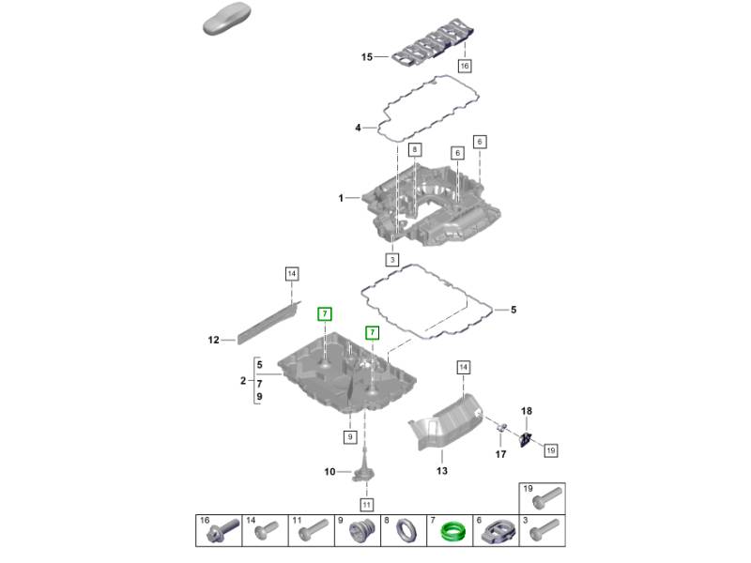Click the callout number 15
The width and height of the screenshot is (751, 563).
click(x=368, y=58)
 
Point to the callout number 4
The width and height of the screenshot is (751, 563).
click(x=358, y=128)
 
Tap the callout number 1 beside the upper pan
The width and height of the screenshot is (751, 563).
click(x=342, y=198)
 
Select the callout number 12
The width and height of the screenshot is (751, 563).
click(x=213, y=340)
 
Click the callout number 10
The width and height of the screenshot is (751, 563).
click(x=330, y=471)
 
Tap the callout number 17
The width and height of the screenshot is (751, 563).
click(x=500, y=455)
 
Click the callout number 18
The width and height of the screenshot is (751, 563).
click(x=526, y=411)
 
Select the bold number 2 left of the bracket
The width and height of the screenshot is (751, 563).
click(x=242, y=381)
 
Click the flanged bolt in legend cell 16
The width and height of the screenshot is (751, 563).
click(x=220, y=533)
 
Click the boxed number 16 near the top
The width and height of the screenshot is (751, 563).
click(x=463, y=67)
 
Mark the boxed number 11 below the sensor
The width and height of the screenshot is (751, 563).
click(x=367, y=505)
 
